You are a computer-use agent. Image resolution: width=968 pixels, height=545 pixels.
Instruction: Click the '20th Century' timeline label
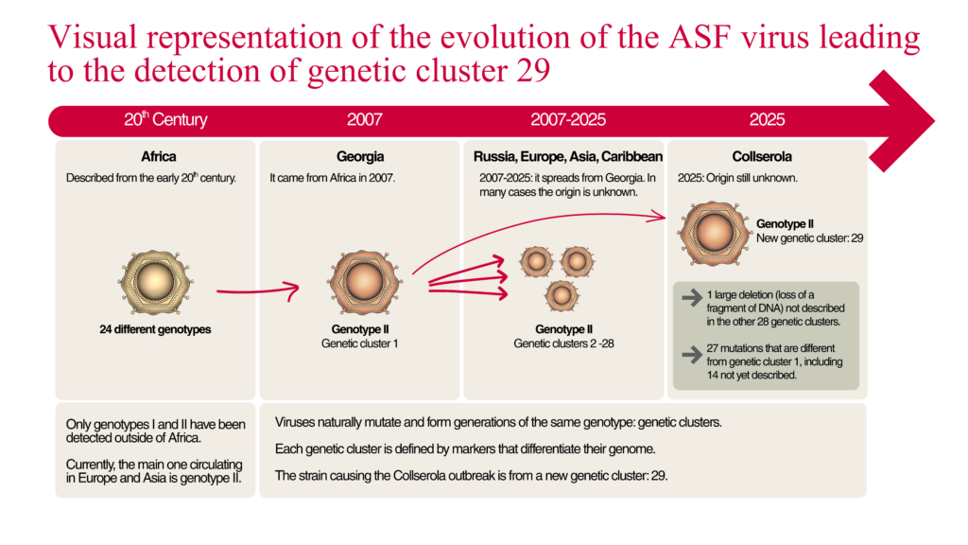coord(165,120)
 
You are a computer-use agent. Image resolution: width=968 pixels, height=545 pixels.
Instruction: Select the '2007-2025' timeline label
coord(568,120)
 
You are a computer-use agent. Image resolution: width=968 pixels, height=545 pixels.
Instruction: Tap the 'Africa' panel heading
coord(158,156)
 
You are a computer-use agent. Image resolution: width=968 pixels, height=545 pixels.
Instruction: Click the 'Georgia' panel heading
coord(360,156)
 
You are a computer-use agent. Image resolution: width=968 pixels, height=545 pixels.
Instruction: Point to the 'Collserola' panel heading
coord(762,156)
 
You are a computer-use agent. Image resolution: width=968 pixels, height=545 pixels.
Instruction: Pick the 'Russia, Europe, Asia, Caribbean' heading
coord(564,156)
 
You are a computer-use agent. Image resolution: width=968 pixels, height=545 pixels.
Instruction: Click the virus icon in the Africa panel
coord(155,282)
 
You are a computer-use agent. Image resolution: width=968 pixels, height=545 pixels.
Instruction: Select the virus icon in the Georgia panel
coord(360,282)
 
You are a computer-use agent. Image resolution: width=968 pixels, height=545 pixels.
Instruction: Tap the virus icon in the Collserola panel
coord(708,231)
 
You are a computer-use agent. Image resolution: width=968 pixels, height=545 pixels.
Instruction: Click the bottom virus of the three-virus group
coord(562,296)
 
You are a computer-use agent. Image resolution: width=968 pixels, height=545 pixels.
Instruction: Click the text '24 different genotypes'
coord(155,330)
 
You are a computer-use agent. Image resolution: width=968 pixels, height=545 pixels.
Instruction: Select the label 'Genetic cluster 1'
coord(359,343)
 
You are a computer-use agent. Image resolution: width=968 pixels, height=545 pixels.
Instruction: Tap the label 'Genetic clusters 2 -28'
coord(563,343)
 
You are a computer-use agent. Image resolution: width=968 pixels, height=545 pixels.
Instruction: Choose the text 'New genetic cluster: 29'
coord(809,238)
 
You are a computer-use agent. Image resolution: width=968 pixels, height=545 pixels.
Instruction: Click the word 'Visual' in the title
coord(94,39)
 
